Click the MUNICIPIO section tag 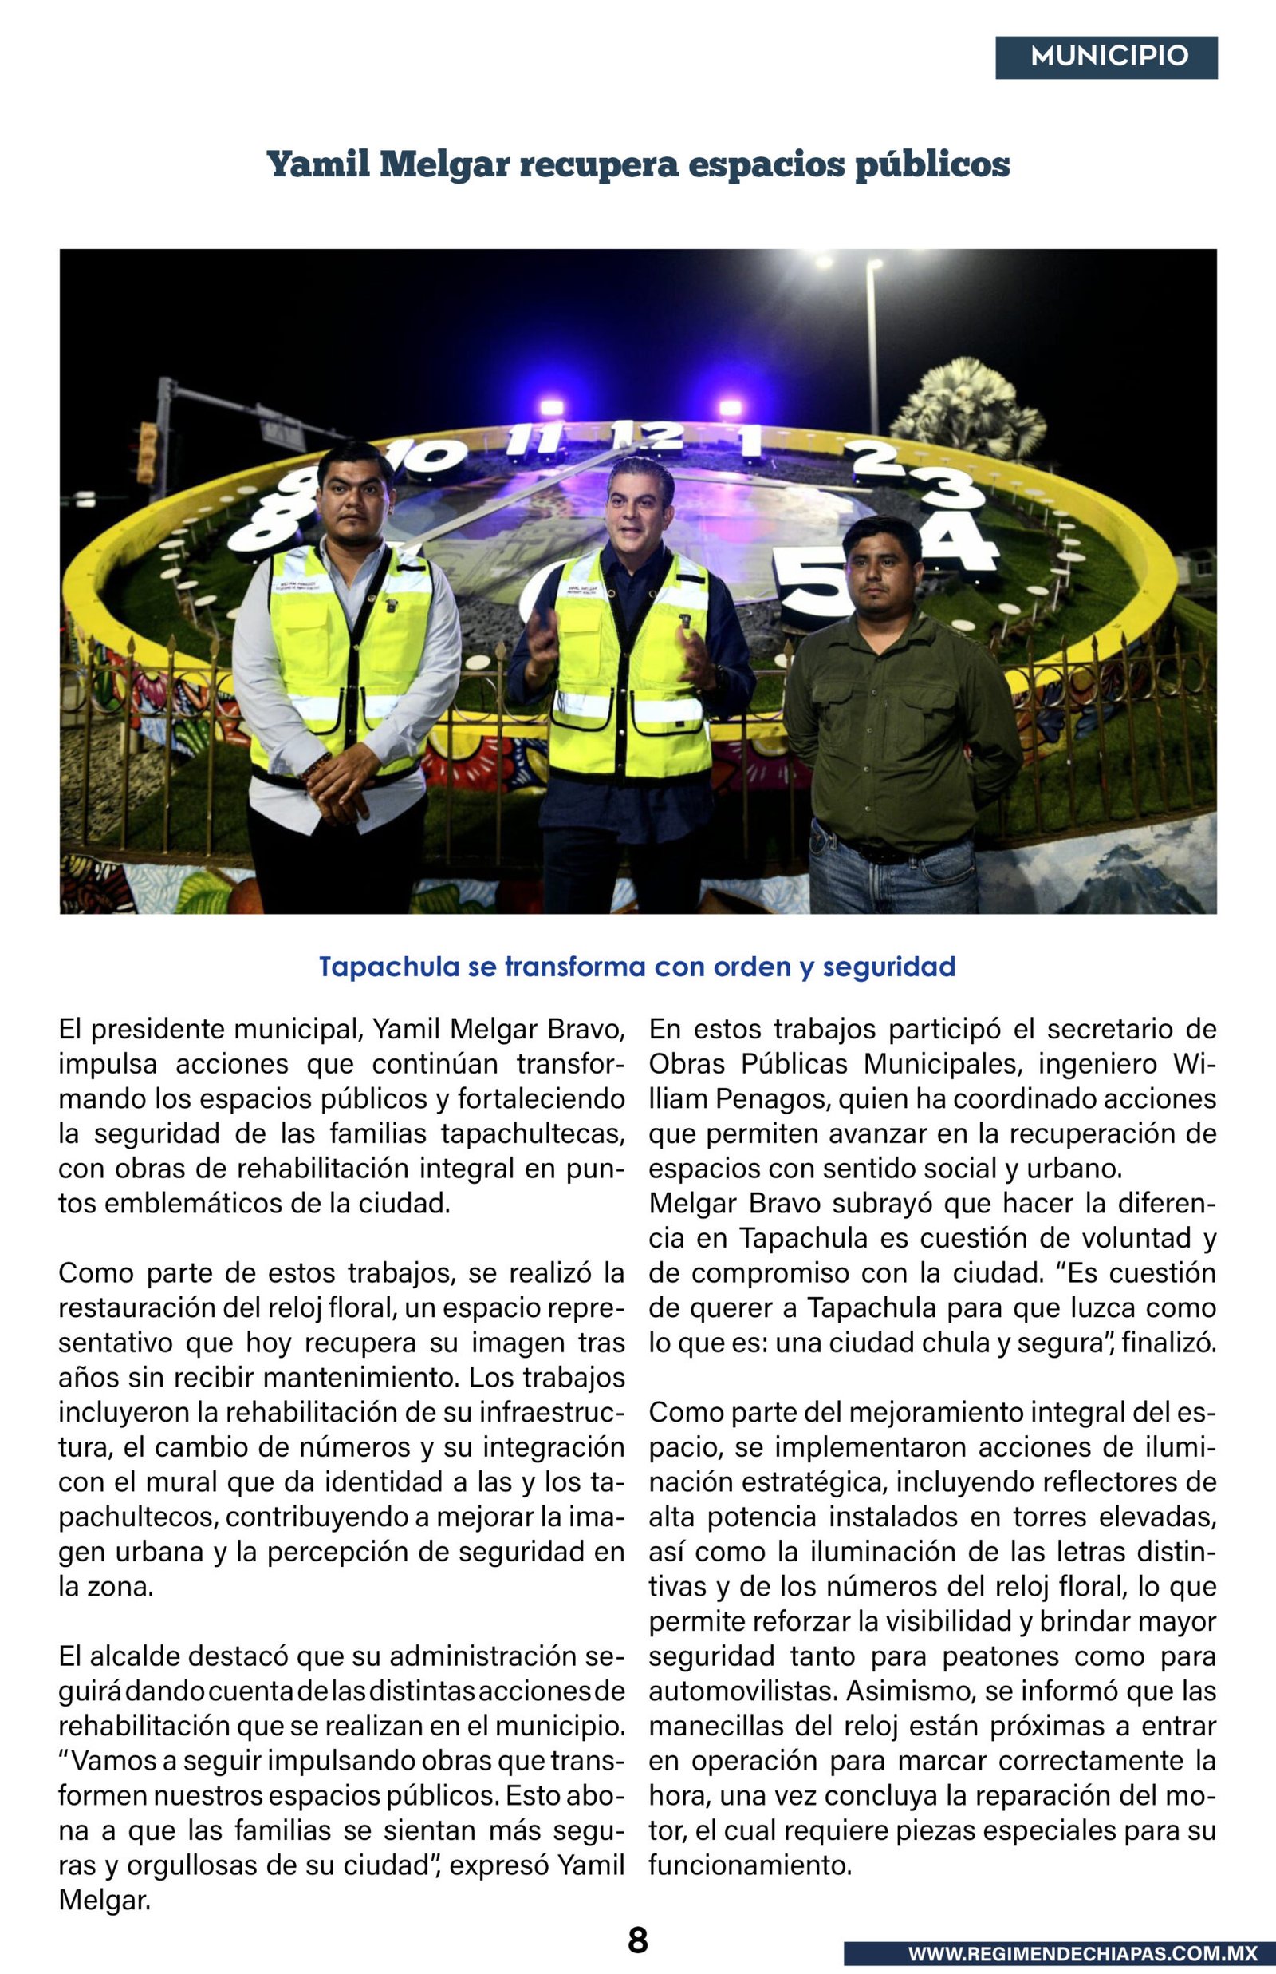1106,57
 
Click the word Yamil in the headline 318,164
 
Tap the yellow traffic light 148,452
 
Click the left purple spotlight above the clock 551,407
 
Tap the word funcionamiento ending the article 750,1865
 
